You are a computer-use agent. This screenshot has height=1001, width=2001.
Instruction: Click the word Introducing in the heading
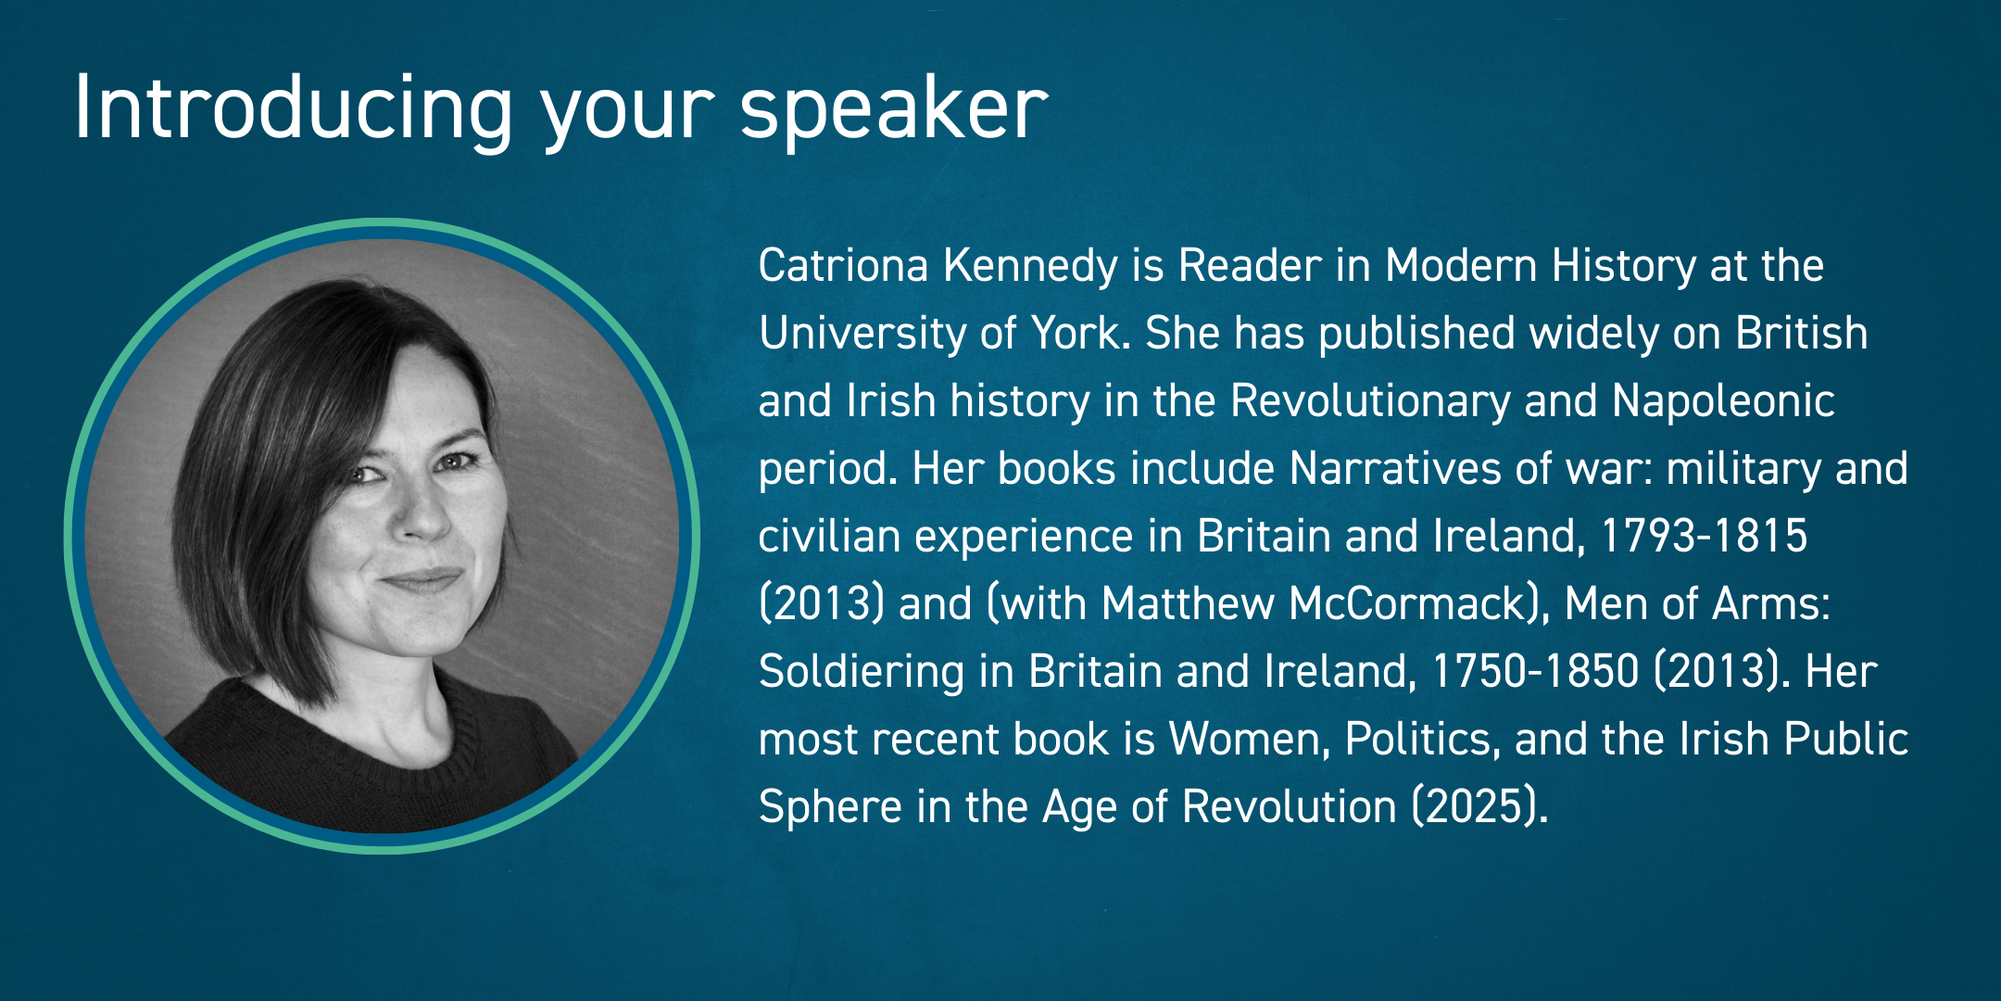(x=292, y=109)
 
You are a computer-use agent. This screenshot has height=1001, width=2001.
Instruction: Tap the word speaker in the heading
(x=893, y=109)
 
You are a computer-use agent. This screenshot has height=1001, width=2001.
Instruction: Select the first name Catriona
(x=843, y=266)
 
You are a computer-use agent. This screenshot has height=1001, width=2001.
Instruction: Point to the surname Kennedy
(x=1030, y=266)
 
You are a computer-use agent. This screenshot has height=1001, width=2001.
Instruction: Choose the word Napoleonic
(x=1723, y=401)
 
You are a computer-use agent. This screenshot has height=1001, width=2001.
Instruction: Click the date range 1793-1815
(x=1703, y=537)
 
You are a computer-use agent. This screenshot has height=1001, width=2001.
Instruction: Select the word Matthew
(x=1188, y=604)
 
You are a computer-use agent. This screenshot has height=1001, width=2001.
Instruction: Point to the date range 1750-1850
(x=1534, y=672)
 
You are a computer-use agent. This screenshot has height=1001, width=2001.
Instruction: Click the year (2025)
(x=1479, y=807)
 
